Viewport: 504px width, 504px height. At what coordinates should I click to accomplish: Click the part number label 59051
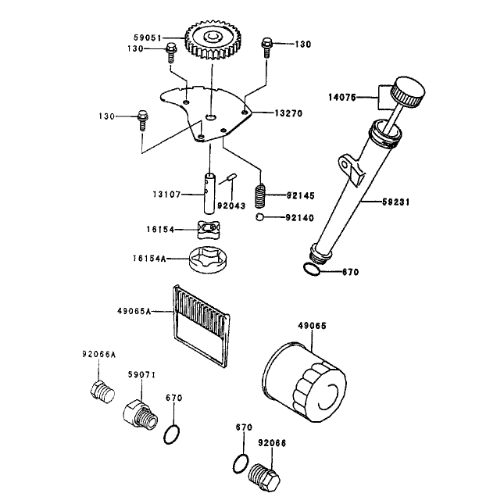pyautogui.click(x=147, y=38)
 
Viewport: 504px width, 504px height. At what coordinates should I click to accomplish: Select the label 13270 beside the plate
pyautogui.click(x=288, y=113)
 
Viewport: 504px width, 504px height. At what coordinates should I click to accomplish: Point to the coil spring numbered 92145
pyautogui.click(x=261, y=196)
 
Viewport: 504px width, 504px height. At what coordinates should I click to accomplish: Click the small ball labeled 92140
pyautogui.click(x=259, y=217)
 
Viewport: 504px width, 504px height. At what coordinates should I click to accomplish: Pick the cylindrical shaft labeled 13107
pyautogui.click(x=209, y=193)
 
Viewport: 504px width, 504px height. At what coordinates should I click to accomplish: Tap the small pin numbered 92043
pyautogui.click(x=232, y=177)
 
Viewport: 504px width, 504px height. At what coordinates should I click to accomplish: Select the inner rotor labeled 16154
pyautogui.click(x=209, y=230)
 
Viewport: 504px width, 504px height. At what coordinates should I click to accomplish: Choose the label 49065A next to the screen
pyautogui.click(x=134, y=311)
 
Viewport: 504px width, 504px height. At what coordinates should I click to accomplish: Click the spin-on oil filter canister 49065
pyautogui.click(x=304, y=382)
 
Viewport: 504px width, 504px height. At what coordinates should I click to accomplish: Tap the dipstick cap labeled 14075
pyautogui.click(x=407, y=92)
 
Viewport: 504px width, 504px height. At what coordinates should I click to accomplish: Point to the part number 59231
pyautogui.click(x=396, y=202)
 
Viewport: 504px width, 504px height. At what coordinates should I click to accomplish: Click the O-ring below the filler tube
pyautogui.click(x=312, y=270)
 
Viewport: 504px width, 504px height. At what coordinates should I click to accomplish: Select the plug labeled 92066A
pyautogui.click(x=102, y=391)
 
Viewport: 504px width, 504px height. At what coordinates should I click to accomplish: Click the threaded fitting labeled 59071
pyautogui.click(x=140, y=414)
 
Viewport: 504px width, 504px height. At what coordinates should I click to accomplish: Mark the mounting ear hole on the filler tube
pyautogui.click(x=345, y=165)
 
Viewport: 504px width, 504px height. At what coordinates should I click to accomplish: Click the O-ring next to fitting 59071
pyautogui.click(x=172, y=434)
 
